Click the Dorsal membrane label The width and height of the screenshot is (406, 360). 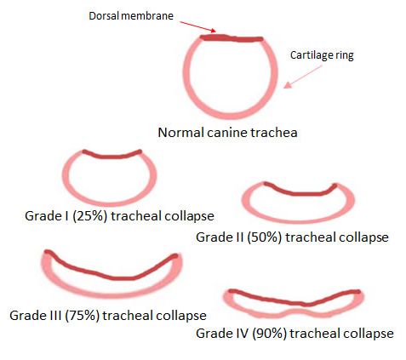click(131, 15)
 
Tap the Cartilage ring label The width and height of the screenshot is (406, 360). click(322, 55)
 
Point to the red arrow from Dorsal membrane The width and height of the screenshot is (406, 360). click(197, 26)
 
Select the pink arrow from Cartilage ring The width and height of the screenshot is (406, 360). click(303, 77)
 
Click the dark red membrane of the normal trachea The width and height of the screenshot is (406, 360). click(232, 38)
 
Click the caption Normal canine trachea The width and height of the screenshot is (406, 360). click(227, 133)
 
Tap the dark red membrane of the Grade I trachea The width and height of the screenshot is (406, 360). click(112, 156)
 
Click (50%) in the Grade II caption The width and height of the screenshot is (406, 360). click(264, 237)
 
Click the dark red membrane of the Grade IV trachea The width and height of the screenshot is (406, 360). click(295, 300)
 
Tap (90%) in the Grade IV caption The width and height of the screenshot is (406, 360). click(270, 334)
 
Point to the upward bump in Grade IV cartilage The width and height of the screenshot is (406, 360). click(295, 311)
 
